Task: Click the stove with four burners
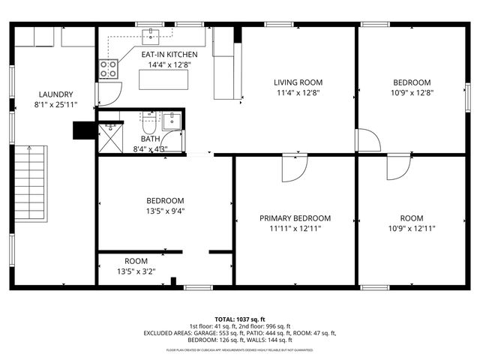(x=109, y=69)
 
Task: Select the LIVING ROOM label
(x=297, y=82)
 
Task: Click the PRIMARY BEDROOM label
(x=295, y=218)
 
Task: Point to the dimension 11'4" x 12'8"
(x=297, y=94)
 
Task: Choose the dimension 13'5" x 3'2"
(x=136, y=271)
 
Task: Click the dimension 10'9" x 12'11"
(x=412, y=229)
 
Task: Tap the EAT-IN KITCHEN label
(x=169, y=55)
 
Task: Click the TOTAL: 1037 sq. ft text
(x=240, y=319)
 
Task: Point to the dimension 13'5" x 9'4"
(x=165, y=211)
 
